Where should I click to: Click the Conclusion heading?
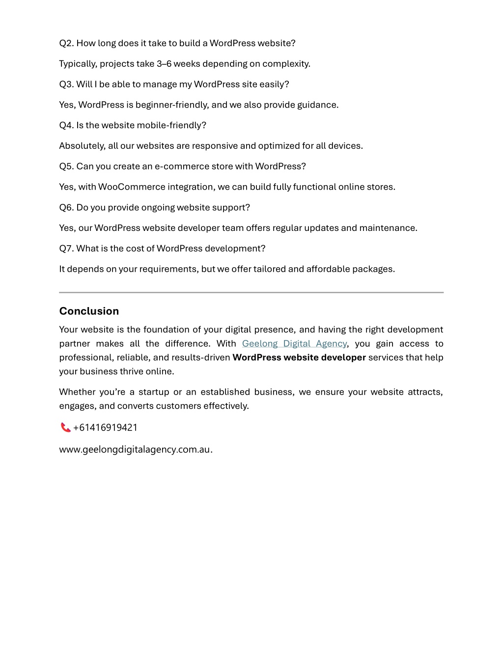click(89, 311)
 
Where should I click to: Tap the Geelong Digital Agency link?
click(294, 343)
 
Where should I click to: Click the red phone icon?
click(65, 427)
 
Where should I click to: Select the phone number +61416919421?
click(105, 427)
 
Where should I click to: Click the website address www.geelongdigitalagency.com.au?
click(135, 449)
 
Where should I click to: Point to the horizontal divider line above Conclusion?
click(251, 292)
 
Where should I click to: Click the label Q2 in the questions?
click(66, 43)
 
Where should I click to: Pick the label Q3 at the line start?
click(66, 84)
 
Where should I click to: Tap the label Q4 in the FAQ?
click(66, 125)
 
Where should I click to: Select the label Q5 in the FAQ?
click(66, 166)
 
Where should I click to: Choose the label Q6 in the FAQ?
click(66, 207)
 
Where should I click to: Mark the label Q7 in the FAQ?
click(66, 248)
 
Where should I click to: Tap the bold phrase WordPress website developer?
click(299, 357)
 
